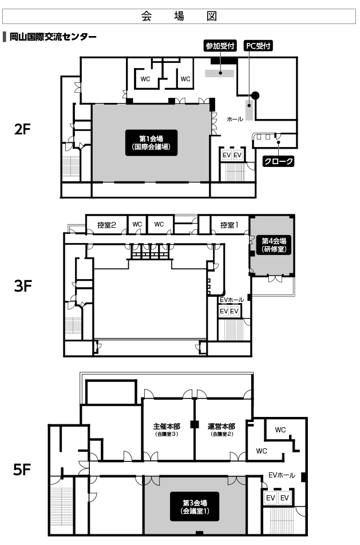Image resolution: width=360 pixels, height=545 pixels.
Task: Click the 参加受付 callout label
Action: click(x=220, y=46)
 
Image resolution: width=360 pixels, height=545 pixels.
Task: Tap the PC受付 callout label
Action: click(x=258, y=46)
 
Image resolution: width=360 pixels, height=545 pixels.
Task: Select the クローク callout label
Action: click(x=278, y=161)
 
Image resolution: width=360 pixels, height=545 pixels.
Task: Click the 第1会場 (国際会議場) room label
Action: click(x=151, y=142)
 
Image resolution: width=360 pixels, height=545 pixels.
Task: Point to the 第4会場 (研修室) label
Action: click(x=274, y=245)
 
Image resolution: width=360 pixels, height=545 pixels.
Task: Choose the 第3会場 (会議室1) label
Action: click(x=195, y=507)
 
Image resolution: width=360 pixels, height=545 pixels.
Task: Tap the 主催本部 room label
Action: click(x=167, y=429)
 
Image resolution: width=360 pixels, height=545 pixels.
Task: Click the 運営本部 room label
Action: click(x=221, y=429)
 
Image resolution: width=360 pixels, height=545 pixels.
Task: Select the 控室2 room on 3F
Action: click(x=106, y=225)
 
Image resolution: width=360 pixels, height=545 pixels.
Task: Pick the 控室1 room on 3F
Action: click(x=230, y=225)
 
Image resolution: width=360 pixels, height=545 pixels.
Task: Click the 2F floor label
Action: click(x=23, y=129)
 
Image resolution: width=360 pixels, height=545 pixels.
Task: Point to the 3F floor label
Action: click(x=23, y=286)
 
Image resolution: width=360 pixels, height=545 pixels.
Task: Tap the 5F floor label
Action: click(x=22, y=470)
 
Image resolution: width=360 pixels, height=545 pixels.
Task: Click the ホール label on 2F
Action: click(x=235, y=119)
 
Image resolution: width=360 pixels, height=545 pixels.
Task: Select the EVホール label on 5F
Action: click(x=282, y=475)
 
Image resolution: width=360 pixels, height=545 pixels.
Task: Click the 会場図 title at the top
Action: click(x=179, y=16)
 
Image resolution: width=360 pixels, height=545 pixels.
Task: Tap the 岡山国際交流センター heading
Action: click(x=53, y=37)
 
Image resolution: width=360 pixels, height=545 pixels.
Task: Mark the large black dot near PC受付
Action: click(x=256, y=96)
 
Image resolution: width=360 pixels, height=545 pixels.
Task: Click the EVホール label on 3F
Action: click(x=232, y=300)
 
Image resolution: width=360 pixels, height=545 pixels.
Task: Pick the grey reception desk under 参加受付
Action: click(x=219, y=73)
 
